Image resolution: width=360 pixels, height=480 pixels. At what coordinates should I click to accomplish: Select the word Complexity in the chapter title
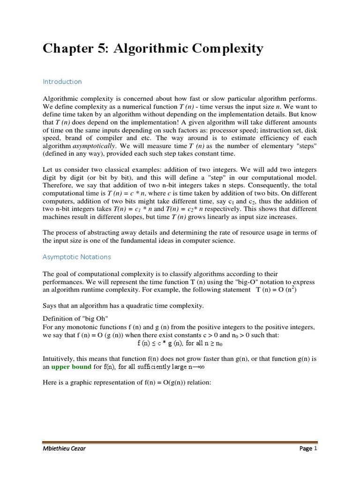224,49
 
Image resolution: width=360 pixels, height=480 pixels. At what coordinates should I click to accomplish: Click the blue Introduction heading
62,82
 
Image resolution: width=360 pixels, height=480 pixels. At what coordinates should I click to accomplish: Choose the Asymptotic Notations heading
77,257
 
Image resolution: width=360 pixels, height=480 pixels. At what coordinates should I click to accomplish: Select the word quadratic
143,306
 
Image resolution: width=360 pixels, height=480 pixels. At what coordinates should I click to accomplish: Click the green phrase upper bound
71,367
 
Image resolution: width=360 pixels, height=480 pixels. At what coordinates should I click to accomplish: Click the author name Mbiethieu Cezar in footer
65,449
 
